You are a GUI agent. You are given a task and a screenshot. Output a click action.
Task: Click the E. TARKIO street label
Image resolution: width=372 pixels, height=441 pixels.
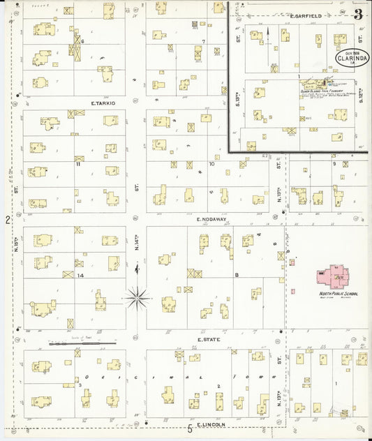coord(103,103)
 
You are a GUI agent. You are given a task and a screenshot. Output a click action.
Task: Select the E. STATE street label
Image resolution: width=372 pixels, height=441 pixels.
coord(208,340)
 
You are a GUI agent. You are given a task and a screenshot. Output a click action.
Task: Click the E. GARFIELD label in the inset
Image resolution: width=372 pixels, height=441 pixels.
coord(304,15)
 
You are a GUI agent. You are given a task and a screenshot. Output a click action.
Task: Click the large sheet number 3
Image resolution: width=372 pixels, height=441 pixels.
coord(358,14)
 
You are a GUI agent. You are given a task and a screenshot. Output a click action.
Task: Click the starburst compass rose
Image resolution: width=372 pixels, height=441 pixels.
coord(137,298)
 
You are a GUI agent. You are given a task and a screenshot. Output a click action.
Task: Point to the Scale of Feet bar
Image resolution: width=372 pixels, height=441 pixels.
coord(73,343)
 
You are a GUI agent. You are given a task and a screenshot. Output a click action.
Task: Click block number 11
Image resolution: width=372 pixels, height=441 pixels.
coord(78,165)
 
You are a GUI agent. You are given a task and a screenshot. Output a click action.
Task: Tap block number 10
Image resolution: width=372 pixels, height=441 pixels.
coord(211,164)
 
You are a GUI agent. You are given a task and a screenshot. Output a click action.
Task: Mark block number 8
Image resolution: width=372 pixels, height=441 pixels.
coord(237,275)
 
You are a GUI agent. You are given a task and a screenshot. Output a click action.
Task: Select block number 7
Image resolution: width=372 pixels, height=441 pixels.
coord(203,41)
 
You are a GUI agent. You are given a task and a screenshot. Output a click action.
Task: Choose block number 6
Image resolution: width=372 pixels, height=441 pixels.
coord(82,41)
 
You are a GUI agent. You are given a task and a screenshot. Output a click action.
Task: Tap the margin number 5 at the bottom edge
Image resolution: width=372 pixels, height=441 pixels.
coord(189,429)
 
